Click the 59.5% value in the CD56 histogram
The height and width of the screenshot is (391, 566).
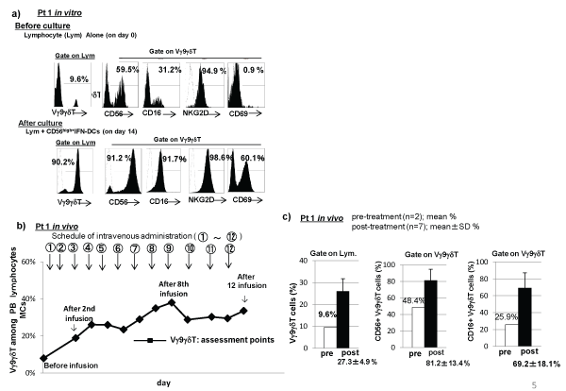pyautogui.click(x=126, y=69)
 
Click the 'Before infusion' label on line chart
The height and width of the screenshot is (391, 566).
pyautogui.click(x=38, y=366)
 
